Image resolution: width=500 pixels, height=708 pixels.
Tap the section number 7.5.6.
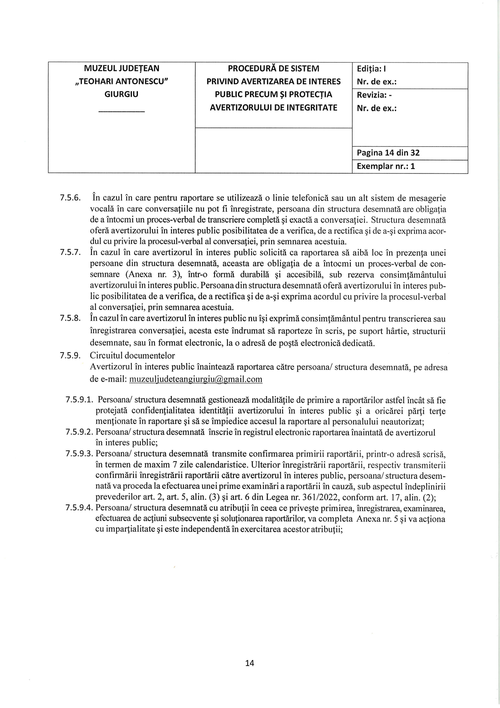[71, 198]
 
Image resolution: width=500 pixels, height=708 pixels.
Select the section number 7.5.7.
[71, 253]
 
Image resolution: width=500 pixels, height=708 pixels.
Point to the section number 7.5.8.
[71, 319]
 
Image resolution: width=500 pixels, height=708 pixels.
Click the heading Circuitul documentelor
[132, 356]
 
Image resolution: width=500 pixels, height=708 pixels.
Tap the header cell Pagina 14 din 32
[388, 153]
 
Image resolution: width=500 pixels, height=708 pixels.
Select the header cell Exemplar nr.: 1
[385, 166]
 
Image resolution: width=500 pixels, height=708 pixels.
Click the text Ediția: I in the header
[372, 69]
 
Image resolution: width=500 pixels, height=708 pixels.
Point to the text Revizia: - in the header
[374, 95]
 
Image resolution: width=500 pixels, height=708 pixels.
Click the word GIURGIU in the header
[121, 94]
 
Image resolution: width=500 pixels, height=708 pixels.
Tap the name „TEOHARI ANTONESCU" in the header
[121, 81]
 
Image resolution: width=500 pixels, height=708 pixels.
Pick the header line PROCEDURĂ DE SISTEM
[273, 69]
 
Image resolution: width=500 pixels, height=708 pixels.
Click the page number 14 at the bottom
[250, 663]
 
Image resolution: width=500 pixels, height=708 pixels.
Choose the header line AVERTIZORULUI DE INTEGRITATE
[273, 108]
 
